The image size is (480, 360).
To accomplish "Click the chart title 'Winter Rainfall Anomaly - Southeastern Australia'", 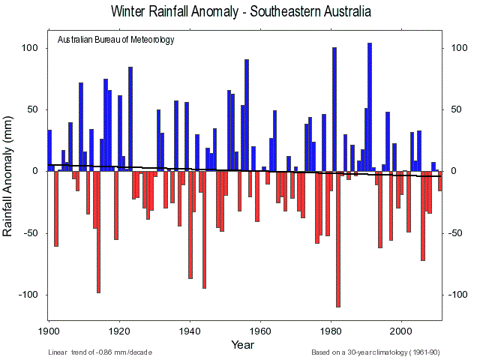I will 240,13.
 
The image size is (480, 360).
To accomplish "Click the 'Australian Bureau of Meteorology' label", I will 115,40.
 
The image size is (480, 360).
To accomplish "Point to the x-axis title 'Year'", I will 242,344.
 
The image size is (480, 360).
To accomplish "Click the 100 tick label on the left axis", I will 28,48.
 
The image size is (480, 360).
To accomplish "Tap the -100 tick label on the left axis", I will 27,294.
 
